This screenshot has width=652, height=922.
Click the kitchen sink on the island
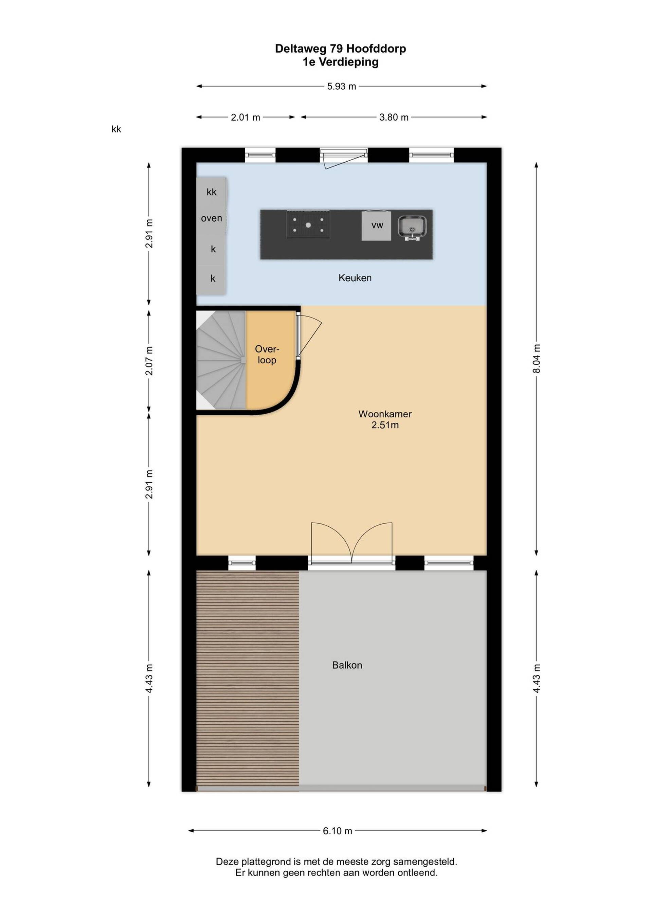coord(412,228)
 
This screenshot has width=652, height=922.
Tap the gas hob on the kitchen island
coord(308,224)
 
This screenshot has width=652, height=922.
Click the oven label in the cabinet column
coord(212,218)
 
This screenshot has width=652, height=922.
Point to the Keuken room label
coord(355,277)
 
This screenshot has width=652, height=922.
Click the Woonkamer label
coord(385,414)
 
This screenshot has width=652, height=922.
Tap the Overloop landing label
coord(267,355)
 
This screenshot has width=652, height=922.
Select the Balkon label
coord(347,665)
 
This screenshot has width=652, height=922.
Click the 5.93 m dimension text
coord(341,86)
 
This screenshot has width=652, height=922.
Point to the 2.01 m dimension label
coord(245,117)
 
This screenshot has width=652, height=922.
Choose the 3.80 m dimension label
coord(394,117)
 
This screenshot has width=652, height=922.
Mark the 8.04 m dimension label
coord(537,359)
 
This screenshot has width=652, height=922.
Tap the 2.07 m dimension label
coord(149,361)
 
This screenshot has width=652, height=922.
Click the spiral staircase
coord(221,360)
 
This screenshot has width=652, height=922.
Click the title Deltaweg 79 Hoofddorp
coord(341,49)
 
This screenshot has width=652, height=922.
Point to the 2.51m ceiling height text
coord(385,425)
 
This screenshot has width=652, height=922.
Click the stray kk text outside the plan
coord(116,129)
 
